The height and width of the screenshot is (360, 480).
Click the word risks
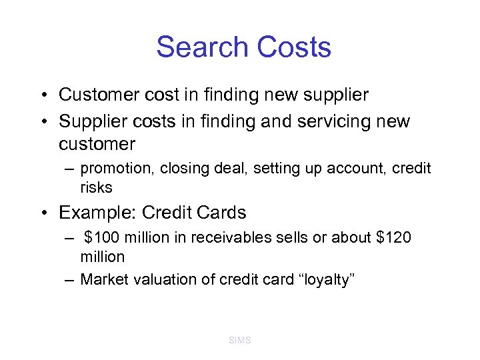pos(96,187)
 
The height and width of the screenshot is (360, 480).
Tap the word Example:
pos(98,213)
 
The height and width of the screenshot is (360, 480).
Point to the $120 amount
pos(392,238)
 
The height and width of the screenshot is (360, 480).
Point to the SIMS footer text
pos(240,340)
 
